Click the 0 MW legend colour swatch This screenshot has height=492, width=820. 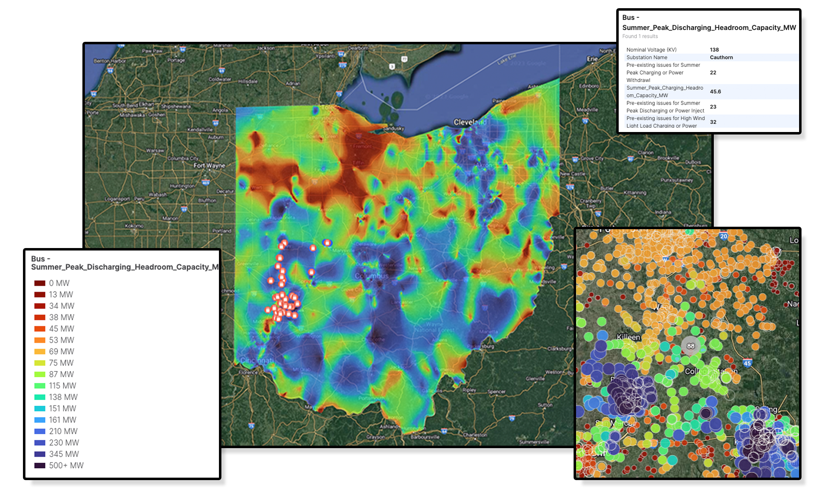(x=40, y=283)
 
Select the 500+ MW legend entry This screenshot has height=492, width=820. (x=66, y=466)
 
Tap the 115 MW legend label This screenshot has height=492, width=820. (x=62, y=386)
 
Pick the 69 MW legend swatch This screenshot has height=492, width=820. (x=40, y=352)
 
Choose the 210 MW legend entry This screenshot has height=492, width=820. (x=63, y=431)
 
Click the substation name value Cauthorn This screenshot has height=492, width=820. (x=721, y=57)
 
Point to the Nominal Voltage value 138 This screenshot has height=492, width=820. (x=714, y=50)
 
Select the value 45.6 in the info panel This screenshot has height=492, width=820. (x=715, y=91)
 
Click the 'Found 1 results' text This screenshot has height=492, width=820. (x=640, y=36)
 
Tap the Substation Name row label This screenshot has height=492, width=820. (x=647, y=57)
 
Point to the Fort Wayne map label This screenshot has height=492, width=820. (x=210, y=166)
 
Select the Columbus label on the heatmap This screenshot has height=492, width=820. (x=371, y=276)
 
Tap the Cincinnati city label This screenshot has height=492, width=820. (x=257, y=361)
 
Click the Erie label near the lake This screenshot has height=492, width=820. (x=592, y=59)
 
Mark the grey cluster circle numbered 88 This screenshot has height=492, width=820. (x=691, y=346)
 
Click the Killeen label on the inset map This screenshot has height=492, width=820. (x=629, y=337)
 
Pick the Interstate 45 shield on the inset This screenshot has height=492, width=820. (x=747, y=363)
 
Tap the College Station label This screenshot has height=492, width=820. (x=711, y=371)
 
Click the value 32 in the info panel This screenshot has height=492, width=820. (x=713, y=122)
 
